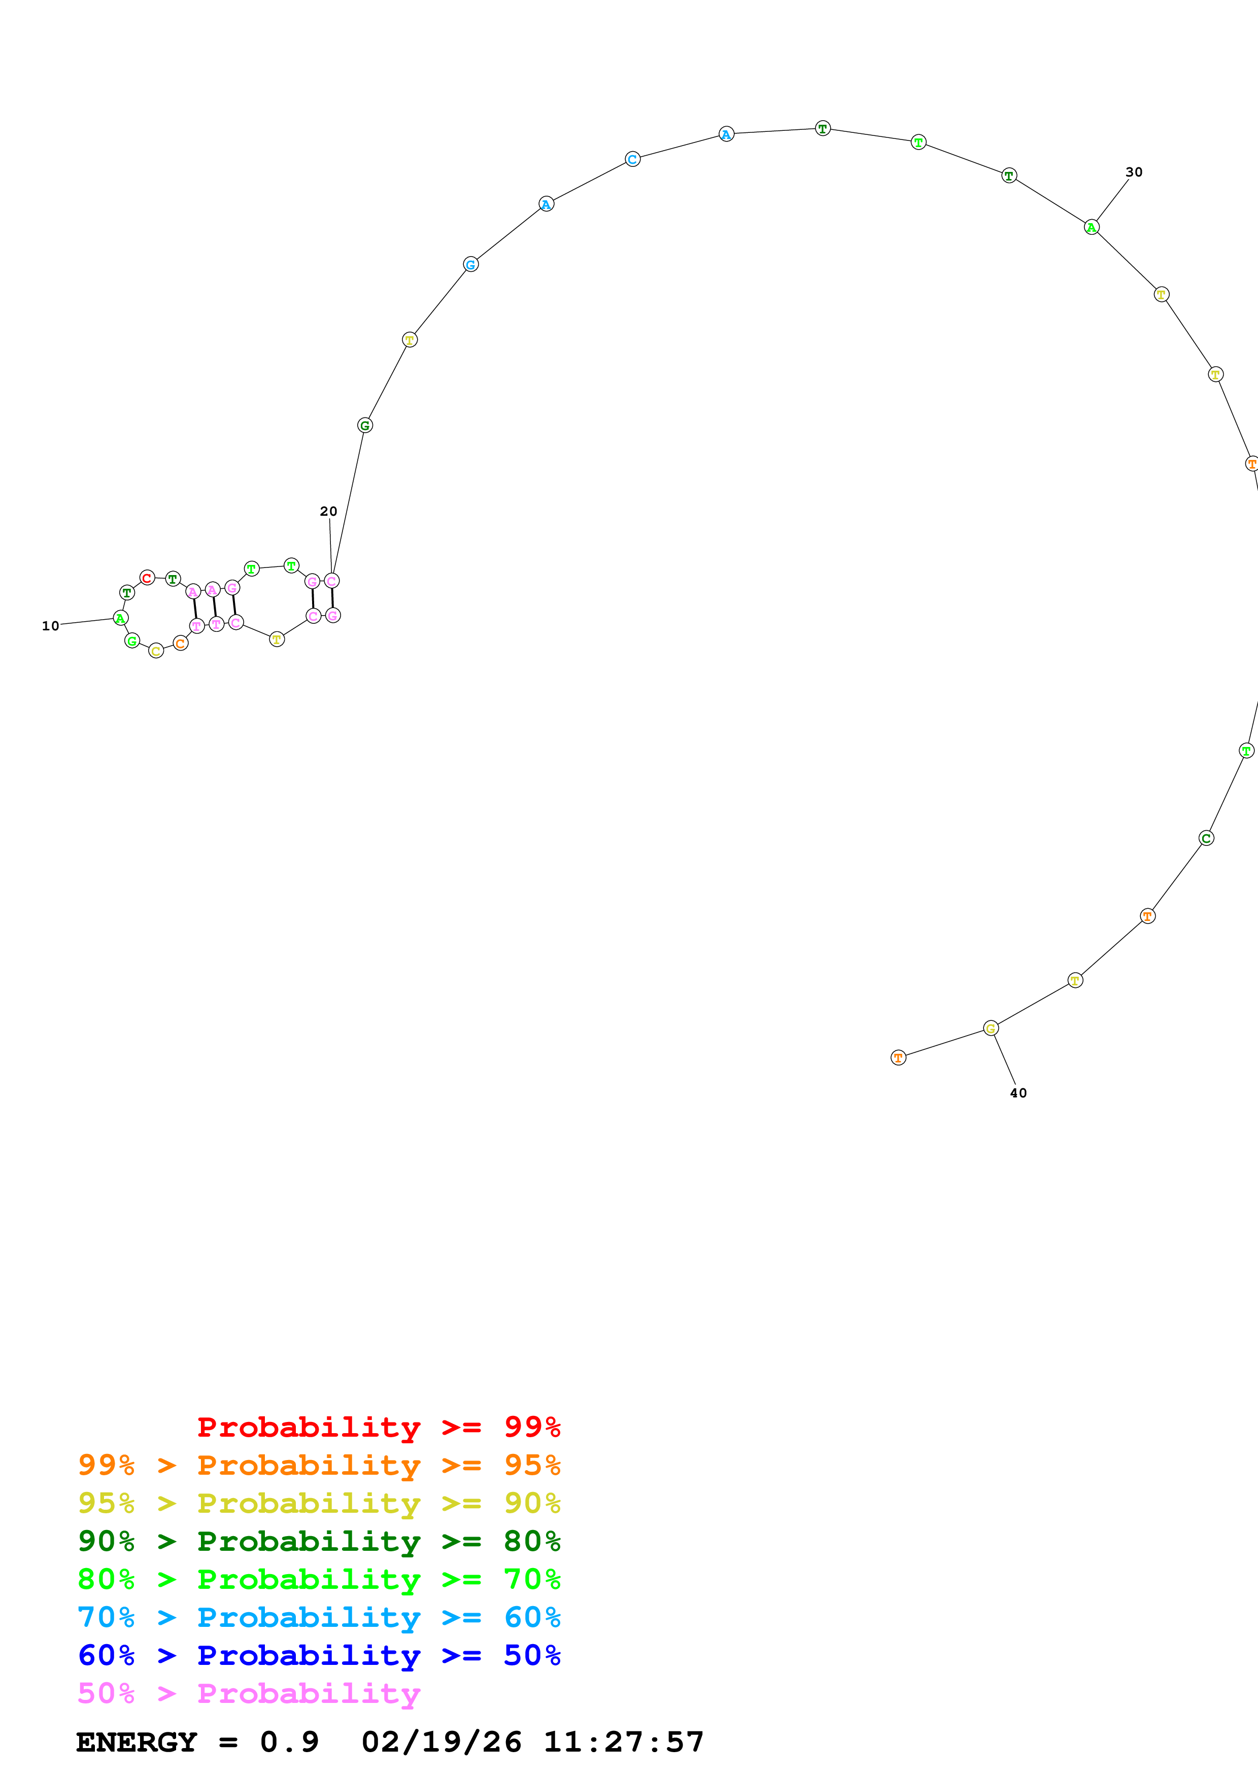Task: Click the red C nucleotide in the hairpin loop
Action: pos(147,578)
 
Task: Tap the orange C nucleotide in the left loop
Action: pos(181,643)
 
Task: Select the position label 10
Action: pos(50,626)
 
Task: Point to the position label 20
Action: pos(329,511)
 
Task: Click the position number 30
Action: pos(1134,172)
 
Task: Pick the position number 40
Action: pos(1018,1093)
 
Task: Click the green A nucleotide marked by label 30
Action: pos(1092,227)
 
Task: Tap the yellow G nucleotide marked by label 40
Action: pos(991,1028)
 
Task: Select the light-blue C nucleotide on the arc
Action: pos(632,160)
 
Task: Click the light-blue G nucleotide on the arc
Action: pos(470,264)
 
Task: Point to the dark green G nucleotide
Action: pos(365,425)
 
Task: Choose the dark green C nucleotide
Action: pos(1206,838)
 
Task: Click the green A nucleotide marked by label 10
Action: pos(120,618)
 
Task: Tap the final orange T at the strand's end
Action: pos(898,1058)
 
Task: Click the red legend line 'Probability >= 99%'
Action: pos(378,1427)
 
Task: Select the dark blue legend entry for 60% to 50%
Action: pos(319,1656)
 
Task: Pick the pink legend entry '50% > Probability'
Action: pos(249,1694)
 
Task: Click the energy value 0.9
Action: pos(289,1742)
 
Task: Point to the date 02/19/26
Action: pos(441,1742)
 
